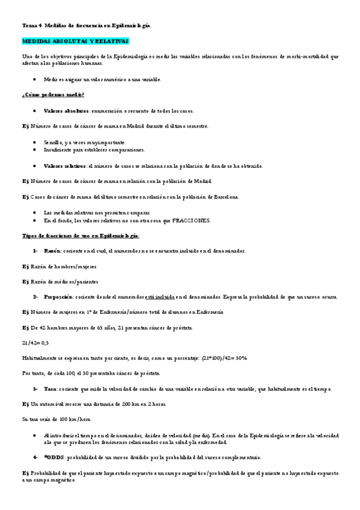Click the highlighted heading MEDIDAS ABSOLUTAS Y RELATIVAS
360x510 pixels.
75,41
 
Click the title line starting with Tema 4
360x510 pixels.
87,26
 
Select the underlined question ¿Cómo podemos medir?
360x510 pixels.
53,95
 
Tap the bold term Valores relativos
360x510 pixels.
65,165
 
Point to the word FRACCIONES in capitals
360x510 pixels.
191,221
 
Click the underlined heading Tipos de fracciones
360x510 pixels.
81,236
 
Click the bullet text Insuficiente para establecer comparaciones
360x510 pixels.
94,150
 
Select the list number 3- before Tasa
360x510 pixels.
35,389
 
